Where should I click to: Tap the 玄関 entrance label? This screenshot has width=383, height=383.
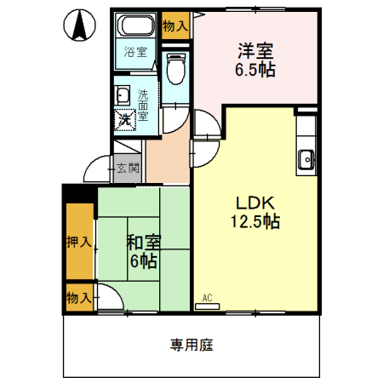pos(128,167)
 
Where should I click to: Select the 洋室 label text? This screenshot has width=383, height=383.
pos(255,50)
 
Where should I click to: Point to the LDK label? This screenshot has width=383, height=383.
pos(254,203)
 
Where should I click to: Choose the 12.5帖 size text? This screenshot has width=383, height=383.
pos(254,222)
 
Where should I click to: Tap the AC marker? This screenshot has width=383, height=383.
pos(207,299)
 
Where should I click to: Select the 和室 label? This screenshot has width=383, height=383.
pos(142,242)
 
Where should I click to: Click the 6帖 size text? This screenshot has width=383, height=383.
pos(142,260)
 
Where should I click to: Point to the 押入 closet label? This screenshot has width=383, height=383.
pos(78,242)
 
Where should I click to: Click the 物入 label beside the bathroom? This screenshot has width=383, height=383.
pos(175,26)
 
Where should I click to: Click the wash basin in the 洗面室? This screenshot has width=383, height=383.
pos(122,95)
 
